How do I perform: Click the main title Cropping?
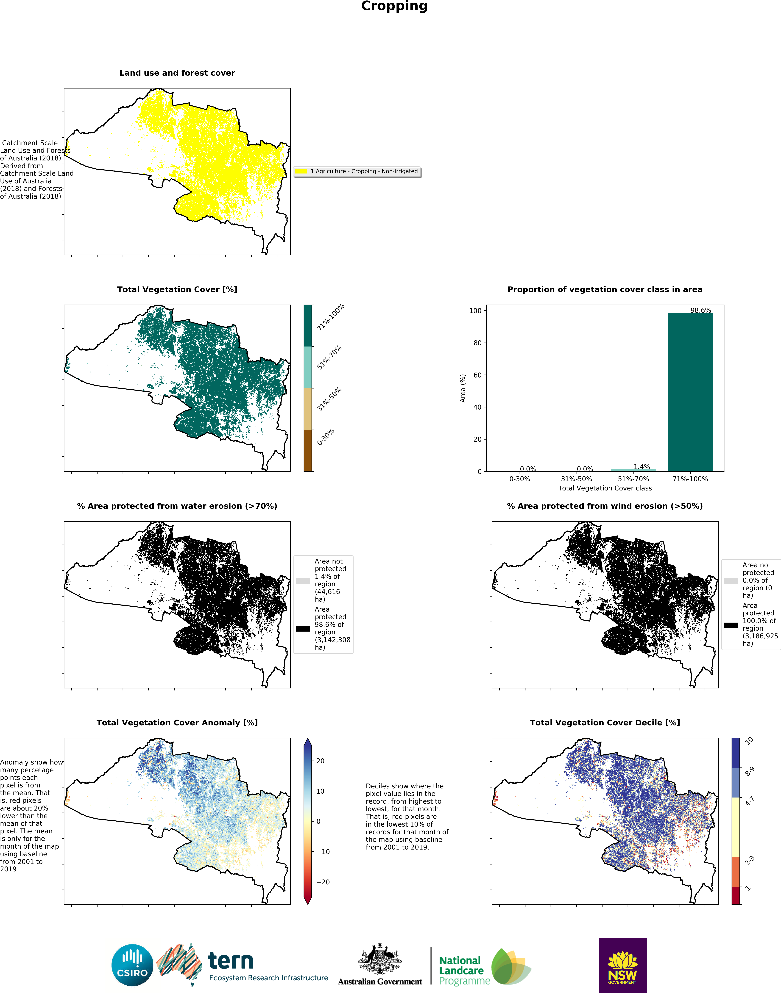[x=394, y=6]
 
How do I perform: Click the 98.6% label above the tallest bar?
[x=700, y=310]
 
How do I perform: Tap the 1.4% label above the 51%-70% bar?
[x=642, y=467]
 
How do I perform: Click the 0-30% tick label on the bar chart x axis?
[x=519, y=479]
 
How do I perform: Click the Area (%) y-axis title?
[x=463, y=388]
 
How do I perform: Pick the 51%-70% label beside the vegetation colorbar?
[x=329, y=358]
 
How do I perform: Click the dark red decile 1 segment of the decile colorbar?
[x=736, y=896]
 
